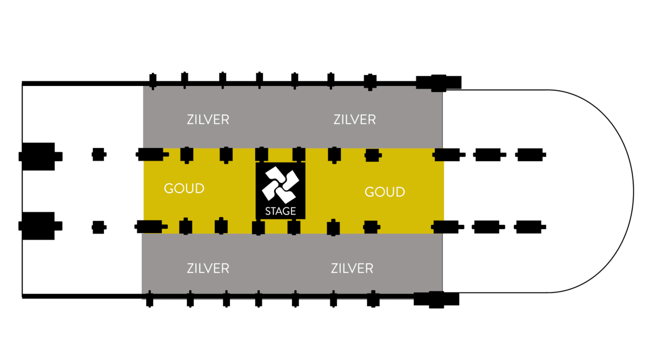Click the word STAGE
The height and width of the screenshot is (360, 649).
(x=281, y=211)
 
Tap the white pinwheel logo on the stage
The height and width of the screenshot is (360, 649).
(x=280, y=184)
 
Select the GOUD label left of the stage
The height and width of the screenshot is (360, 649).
(x=184, y=189)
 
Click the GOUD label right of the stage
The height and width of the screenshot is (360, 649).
(x=385, y=192)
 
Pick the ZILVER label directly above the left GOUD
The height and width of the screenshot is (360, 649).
(x=208, y=119)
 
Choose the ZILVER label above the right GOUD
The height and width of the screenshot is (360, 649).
(x=355, y=119)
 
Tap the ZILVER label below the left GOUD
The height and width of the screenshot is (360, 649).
(x=208, y=268)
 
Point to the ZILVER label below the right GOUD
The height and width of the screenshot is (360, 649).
(x=352, y=268)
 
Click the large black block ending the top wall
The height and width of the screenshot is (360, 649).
(x=438, y=82)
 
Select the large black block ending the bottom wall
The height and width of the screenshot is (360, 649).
(x=436, y=298)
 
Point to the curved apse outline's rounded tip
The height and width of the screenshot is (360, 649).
(x=633, y=191)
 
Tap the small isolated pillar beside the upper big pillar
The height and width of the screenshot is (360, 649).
(x=98, y=155)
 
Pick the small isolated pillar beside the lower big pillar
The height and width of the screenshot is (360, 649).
(x=98, y=226)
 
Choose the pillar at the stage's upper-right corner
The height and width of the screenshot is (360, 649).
(x=299, y=155)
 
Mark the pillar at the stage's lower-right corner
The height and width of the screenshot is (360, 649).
(x=294, y=228)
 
